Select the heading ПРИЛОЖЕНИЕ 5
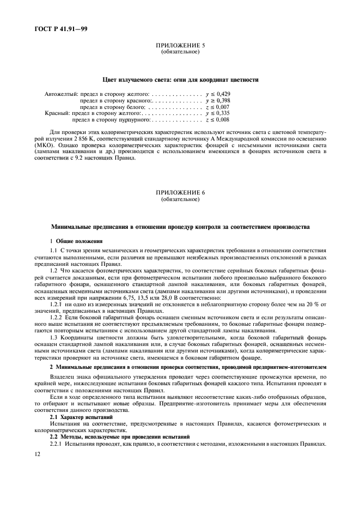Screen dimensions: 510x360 180,46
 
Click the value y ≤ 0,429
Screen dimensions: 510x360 218,94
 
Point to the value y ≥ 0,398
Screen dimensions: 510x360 218,101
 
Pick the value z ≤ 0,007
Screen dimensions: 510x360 218,107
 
